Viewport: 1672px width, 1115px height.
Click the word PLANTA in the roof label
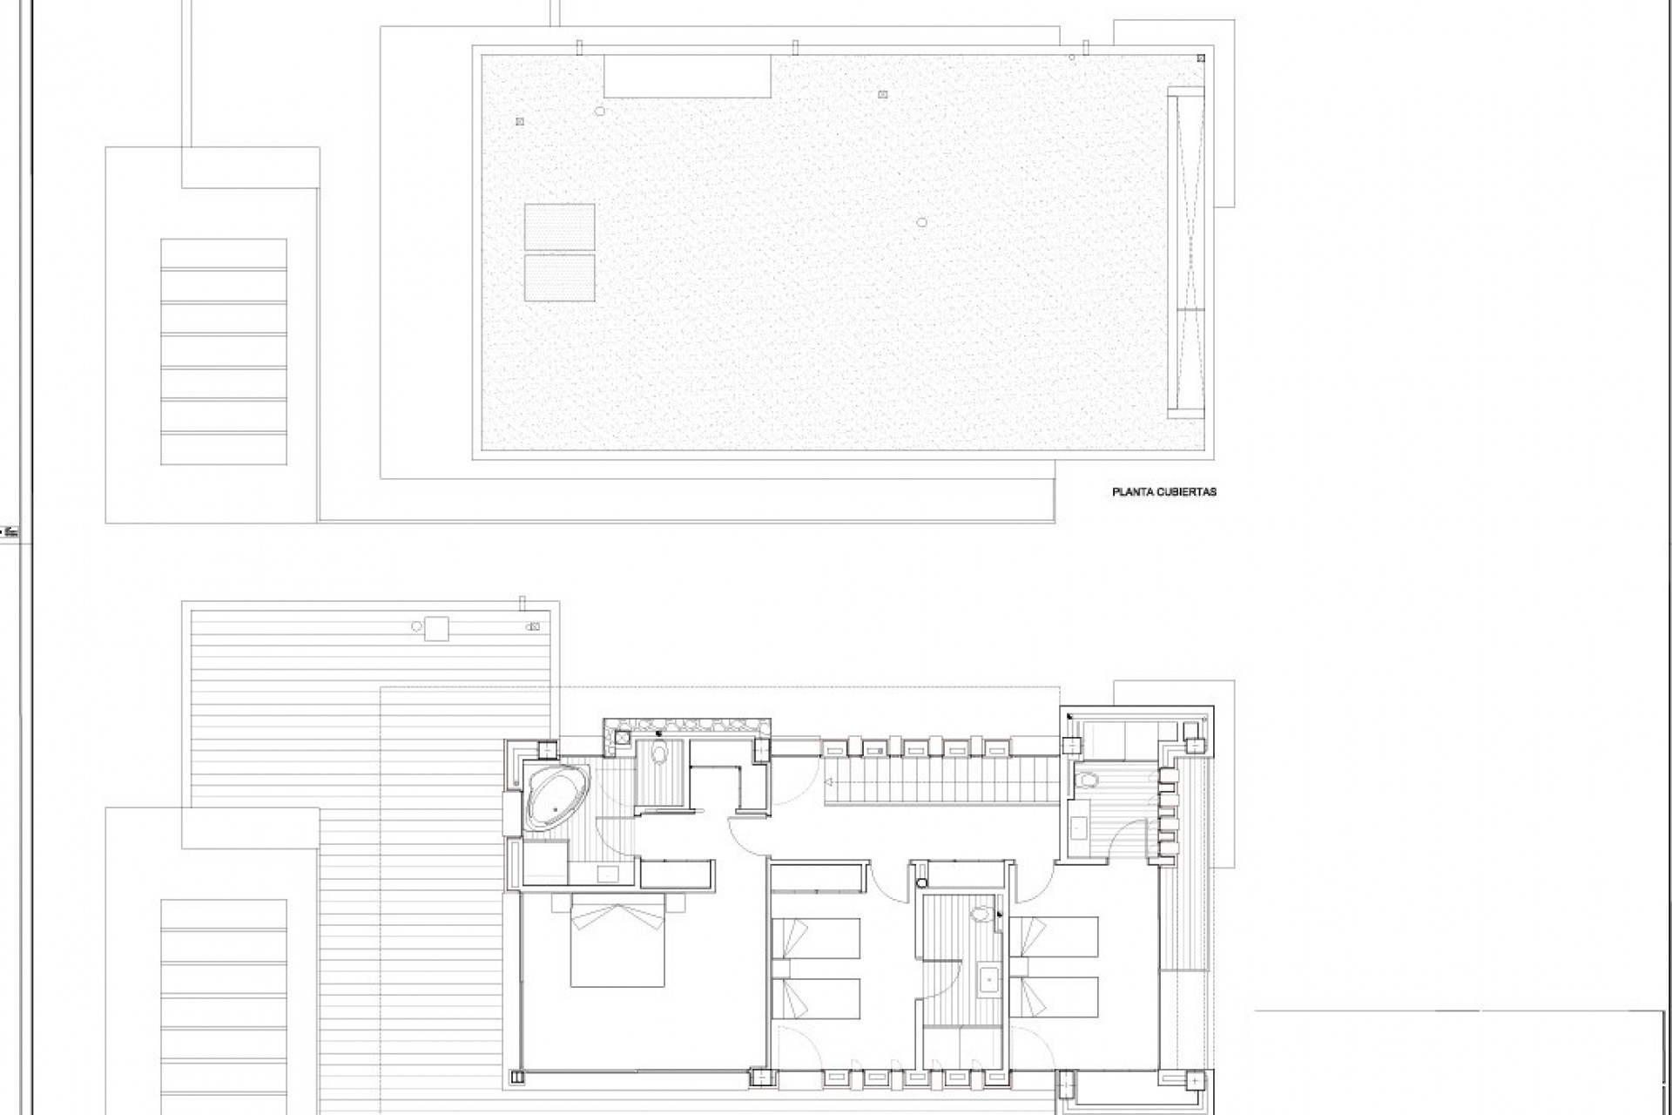tap(1131, 492)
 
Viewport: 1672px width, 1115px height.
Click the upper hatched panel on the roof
tap(560, 227)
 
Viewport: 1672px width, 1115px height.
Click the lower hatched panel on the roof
tap(560, 278)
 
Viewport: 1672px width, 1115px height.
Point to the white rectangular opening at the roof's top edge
tap(687, 77)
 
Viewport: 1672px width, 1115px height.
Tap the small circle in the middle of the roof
tap(921, 222)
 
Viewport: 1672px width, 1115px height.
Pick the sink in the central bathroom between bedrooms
tap(988, 976)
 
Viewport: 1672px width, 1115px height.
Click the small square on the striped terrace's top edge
tap(436, 629)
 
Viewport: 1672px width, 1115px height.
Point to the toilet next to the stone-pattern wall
tap(659, 753)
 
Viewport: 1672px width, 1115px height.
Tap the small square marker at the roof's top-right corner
tap(1201, 58)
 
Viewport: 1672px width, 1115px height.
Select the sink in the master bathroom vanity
tap(607, 874)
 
